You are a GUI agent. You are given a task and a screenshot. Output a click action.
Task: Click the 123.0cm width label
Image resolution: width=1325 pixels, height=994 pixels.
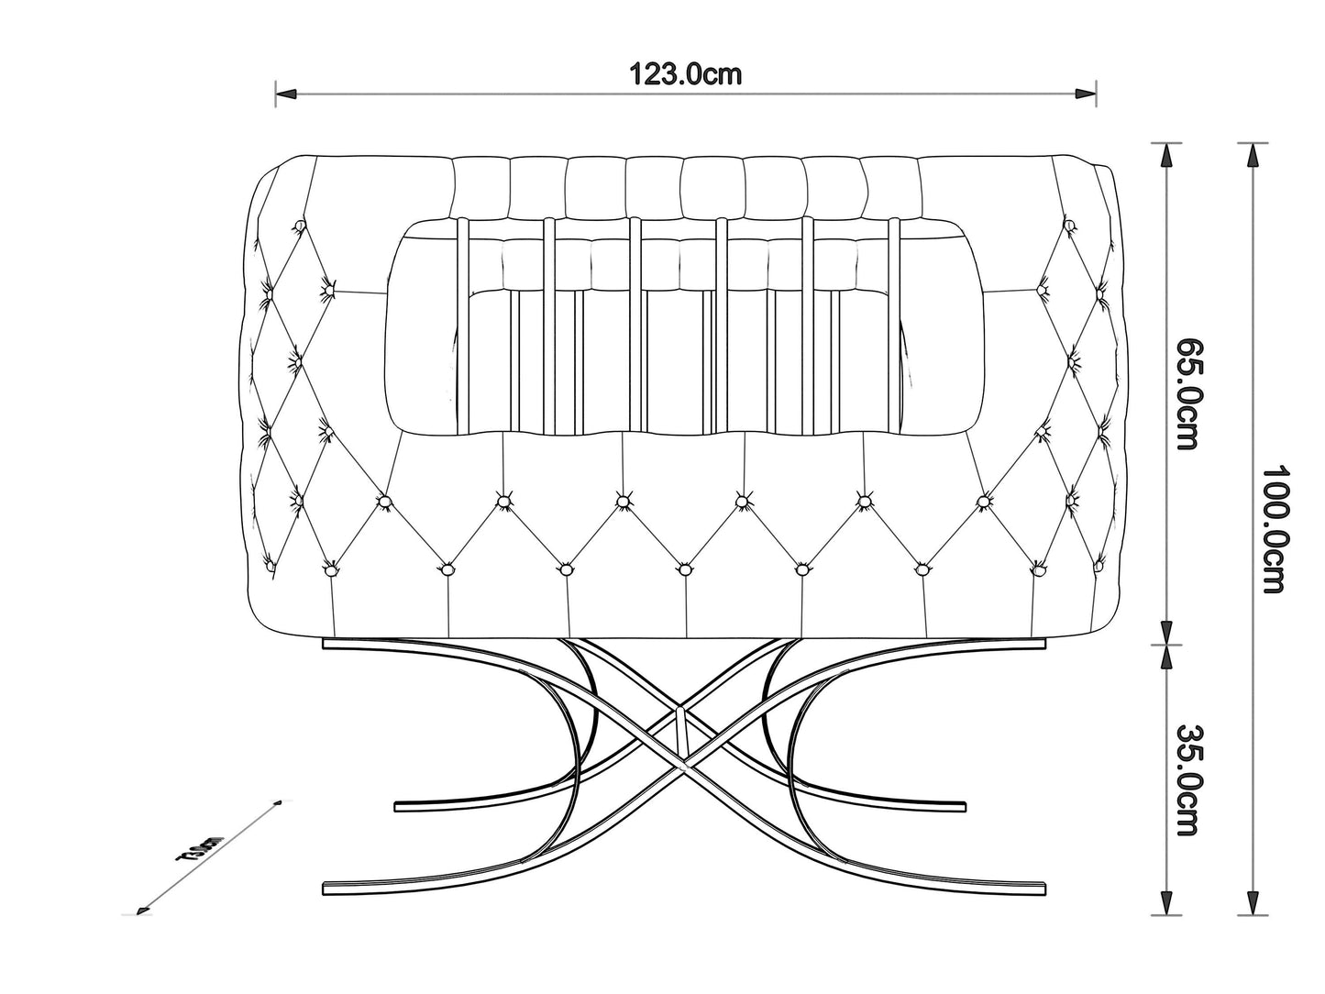pos(686,74)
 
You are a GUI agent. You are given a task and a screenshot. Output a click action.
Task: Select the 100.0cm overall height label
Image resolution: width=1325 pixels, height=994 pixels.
pos(1275,529)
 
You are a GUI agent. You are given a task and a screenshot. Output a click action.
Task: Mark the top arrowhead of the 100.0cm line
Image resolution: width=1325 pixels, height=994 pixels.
pos(1253,154)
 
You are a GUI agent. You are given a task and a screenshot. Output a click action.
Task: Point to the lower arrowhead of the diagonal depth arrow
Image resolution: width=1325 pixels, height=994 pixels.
pos(141,911)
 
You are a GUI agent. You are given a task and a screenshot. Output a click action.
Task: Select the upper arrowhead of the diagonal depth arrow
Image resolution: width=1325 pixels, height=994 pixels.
pos(274,804)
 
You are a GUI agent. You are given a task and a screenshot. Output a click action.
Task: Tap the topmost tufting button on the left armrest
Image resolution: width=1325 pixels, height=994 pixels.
pos(298,226)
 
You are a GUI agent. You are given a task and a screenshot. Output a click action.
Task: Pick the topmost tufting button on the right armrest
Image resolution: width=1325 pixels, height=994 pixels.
pos(1069,225)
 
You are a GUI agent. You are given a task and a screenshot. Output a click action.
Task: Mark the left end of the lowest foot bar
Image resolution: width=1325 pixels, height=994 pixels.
pos(328,888)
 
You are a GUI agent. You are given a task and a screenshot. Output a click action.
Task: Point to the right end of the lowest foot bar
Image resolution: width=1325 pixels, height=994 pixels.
pos(1042,888)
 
